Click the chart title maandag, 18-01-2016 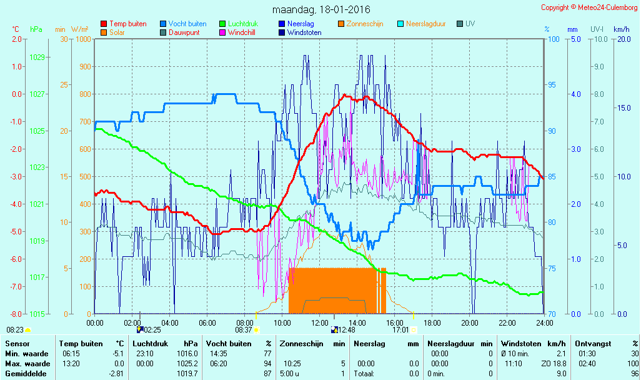pyautogui.click(x=321, y=9)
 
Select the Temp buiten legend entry pyautogui.click(x=124, y=24)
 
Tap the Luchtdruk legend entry pyautogui.click(x=239, y=24)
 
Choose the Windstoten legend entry pyautogui.click(x=300, y=32)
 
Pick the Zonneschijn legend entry pyautogui.click(x=360, y=24)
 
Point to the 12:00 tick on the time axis pyautogui.click(x=319, y=322)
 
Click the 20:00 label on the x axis pyautogui.click(x=469, y=322)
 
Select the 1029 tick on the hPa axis pyautogui.click(x=37, y=57)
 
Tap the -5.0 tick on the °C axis pyautogui.click(x=16, y=232)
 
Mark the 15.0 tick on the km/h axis pyautogui.click(x=624, y=108)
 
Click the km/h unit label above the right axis pyautogui.click(x=622, y=29)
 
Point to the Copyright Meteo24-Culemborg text pyautogui.click(x=589, y=7)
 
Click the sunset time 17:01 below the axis pyautogui.click(x=400, y=330)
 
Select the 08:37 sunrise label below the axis pyautogui.click(x=243, y=330)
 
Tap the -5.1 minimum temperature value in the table pyautogui.click(x=119, y=354)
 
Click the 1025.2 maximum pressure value pyautogui.click(x=187, y=364)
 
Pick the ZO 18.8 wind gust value pyautogui.click(x=554, y=364)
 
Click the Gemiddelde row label pyautogui.click(x=26, y=374)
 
